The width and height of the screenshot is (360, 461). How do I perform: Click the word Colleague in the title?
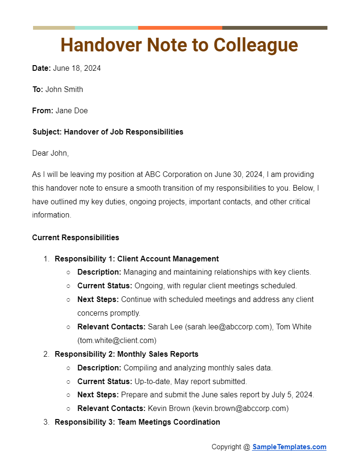[x=256, y=45]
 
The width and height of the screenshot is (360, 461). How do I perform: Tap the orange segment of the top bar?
[x=180, y=28]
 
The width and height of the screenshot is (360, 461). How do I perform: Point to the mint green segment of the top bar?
[x=106, y=28]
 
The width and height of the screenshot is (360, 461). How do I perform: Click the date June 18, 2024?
[x=77, y=68]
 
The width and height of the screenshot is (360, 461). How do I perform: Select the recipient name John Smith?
[x=64, y=90]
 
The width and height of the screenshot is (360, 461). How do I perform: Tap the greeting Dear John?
[x=50, y=153]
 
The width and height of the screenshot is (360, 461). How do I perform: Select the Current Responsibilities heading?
[x=75, y=238]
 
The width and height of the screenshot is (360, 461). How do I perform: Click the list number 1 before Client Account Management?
[x=46, y=259]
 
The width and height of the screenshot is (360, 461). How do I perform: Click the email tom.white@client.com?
[x=117, y=340]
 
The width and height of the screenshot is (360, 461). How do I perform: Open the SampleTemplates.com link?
[x=289, y=447]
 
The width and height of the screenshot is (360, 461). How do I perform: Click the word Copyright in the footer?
[x=226, y=447]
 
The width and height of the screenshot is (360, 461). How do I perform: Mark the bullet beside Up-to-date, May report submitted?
[x=68, y=382]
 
